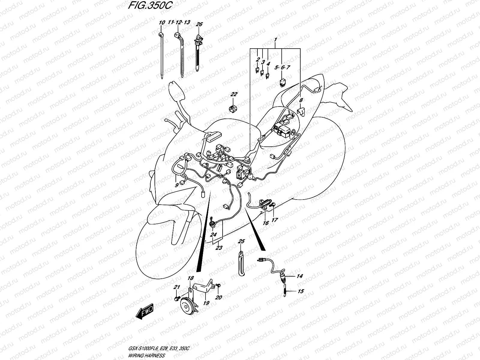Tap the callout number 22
tap(234, 94)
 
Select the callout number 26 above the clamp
tap(199, 24)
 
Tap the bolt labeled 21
tap(176, 298)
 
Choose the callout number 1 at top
tap(275, 40)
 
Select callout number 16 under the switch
tap(265, 223)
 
